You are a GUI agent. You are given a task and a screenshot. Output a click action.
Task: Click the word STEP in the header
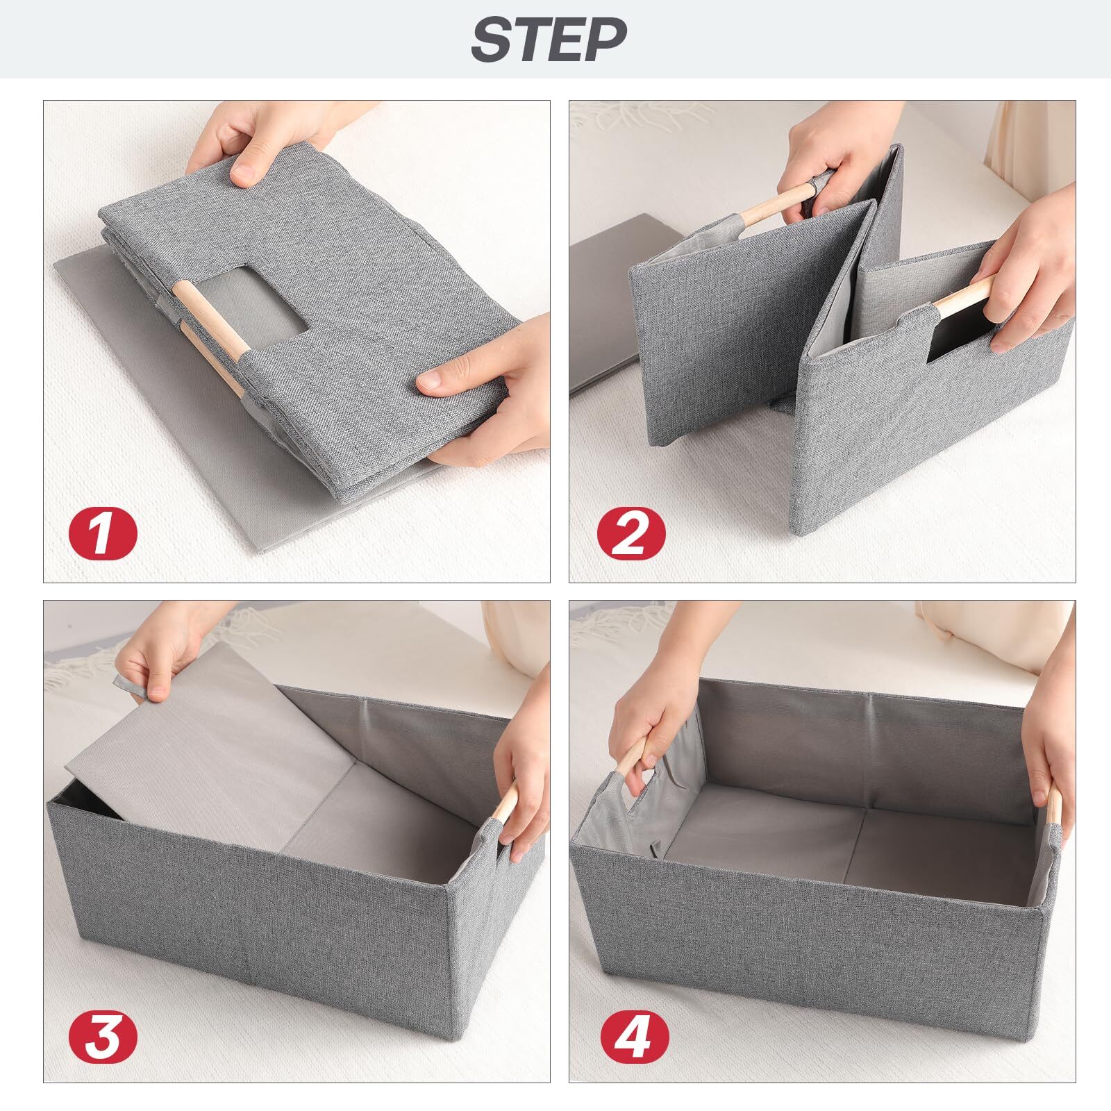coord(548,39)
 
